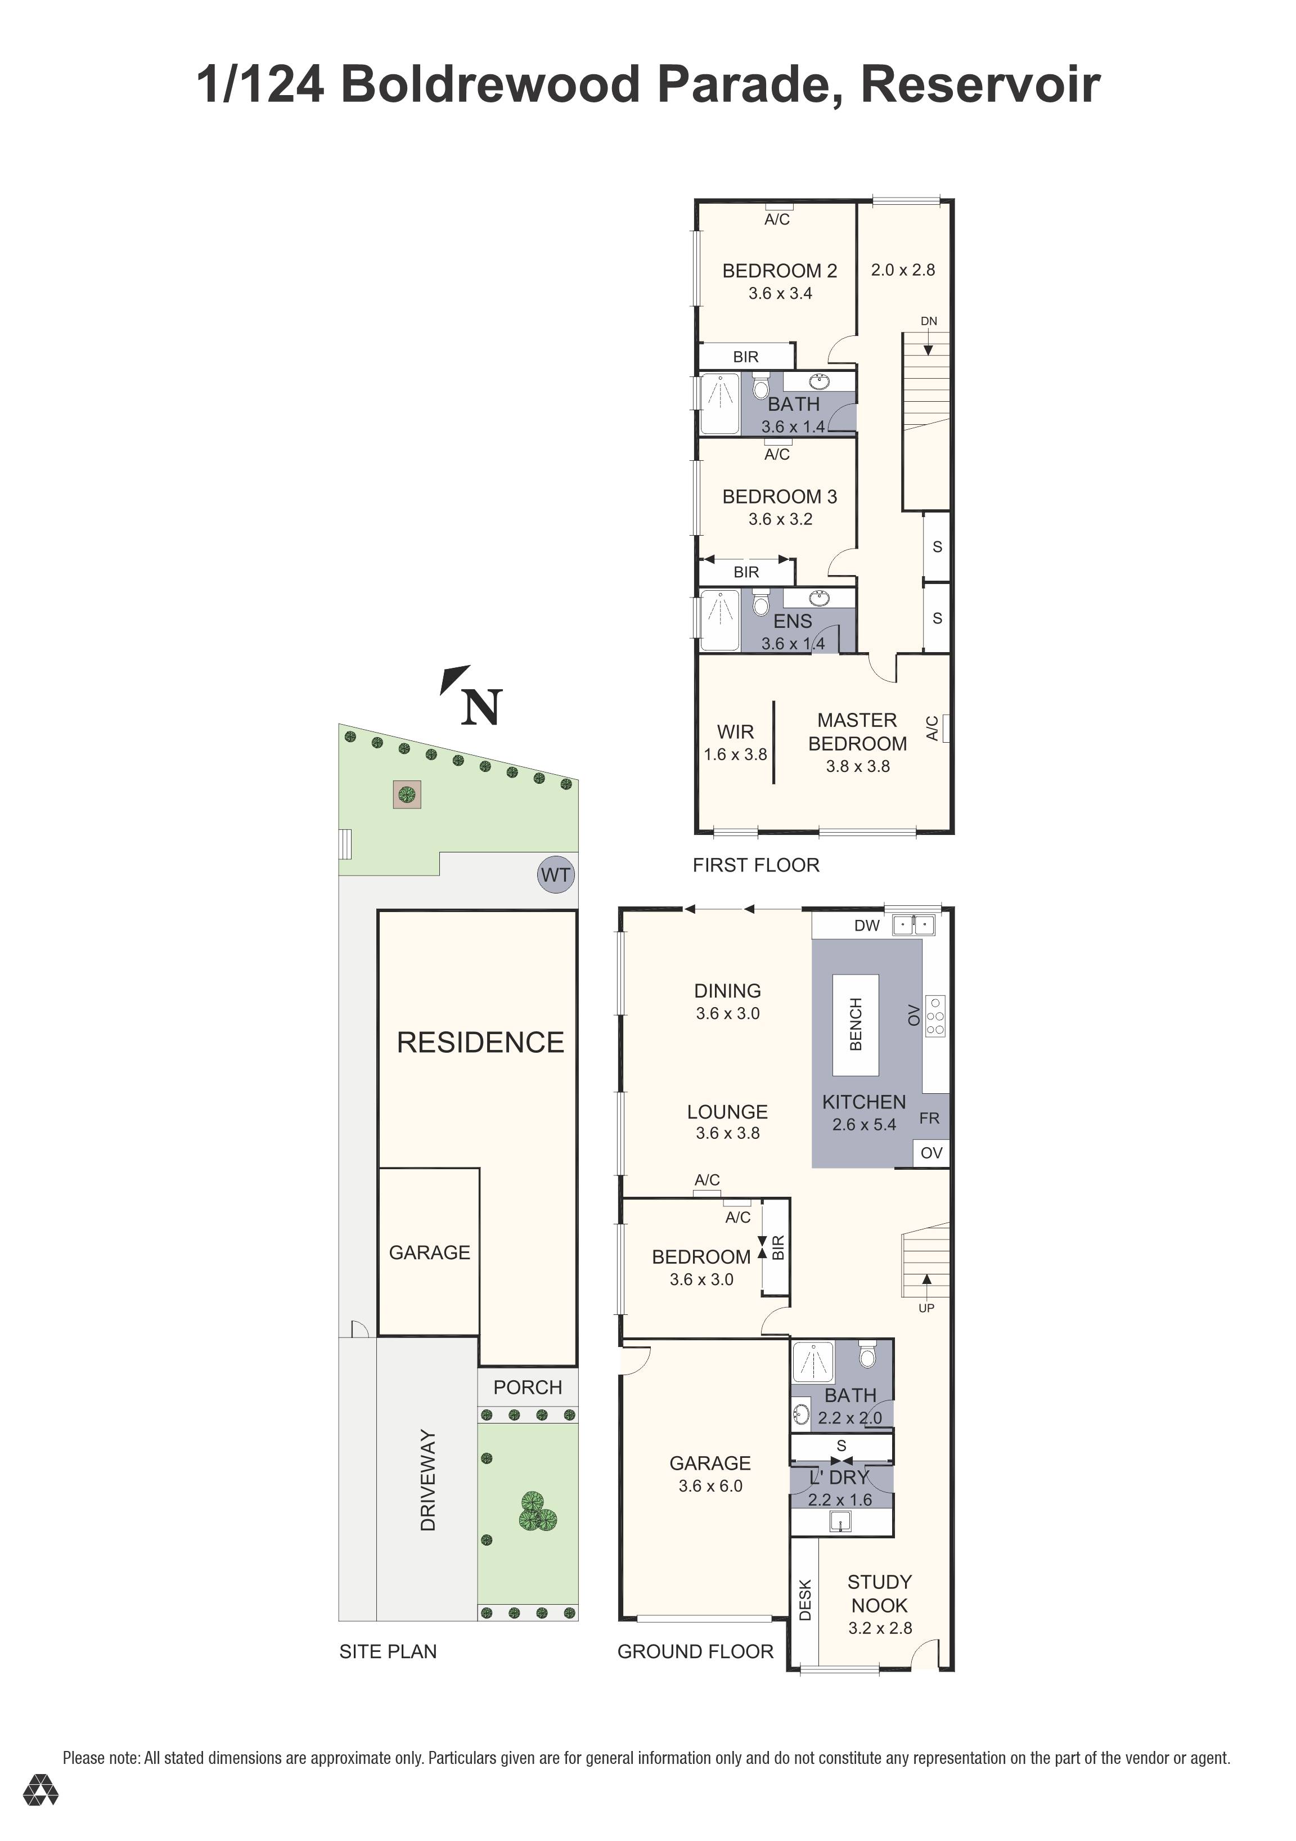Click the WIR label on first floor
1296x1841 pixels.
click(735, 731)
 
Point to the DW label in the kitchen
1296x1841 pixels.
click(866, 926)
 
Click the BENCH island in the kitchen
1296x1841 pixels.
click(855, 1024)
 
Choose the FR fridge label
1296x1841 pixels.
click(929, 1118)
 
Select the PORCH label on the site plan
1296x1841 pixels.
click(528, 1387)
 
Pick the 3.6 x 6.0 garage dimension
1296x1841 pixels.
click(710, 1486)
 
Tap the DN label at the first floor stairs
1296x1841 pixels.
click(928, 321)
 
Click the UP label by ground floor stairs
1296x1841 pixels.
click(926, 1308)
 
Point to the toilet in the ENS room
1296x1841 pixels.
click(760, 600)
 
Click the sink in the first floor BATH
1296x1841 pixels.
click(819, 381)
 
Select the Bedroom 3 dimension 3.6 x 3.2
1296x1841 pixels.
click(780, 519)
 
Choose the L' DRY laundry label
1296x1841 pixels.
click(839, 1477)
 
